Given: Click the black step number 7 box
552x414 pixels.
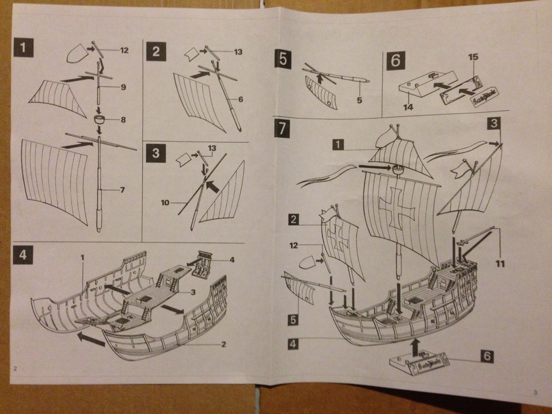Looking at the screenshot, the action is [282, 128].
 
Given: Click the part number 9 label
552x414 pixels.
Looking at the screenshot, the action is [123, 87].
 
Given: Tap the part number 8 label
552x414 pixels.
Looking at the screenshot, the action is [123, 120].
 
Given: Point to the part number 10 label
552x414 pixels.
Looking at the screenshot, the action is [165, 203].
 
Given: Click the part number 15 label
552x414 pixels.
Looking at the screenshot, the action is [473, 57].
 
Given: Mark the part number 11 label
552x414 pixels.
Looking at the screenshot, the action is [501, 264].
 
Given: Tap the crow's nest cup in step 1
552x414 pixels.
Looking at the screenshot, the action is [100, 119].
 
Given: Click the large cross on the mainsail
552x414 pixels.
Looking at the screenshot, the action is [397, 205].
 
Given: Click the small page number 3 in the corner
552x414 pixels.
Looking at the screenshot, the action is [535, 392].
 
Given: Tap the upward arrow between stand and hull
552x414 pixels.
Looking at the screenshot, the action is [415, 347].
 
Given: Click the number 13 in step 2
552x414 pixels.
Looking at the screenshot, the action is [238, 52].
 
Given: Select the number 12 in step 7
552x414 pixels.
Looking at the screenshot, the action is [293, 245].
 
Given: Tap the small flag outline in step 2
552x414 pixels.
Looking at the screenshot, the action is [192, 54].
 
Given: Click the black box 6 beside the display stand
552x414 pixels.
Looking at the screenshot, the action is [486, 356].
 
